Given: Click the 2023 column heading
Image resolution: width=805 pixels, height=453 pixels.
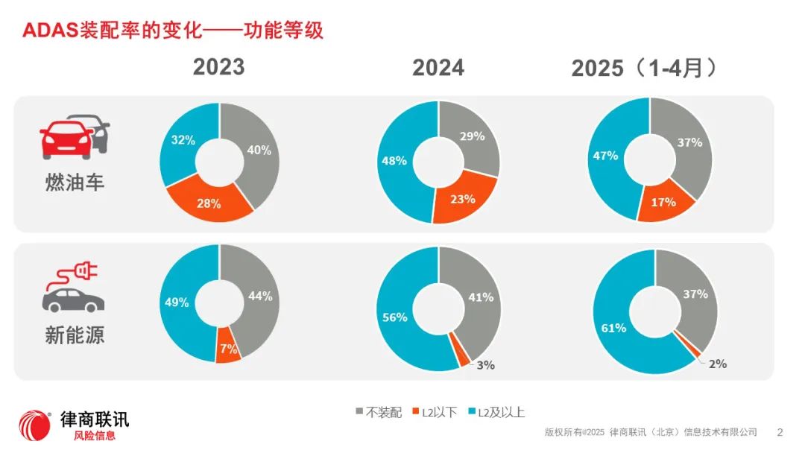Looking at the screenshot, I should pyautogui.click(x=218, y=67).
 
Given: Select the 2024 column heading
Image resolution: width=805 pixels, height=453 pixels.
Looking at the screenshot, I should pyautogui.click(x=438, y=68).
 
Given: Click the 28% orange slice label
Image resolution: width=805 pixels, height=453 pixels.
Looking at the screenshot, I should pyautogui.click(x=209, y=203).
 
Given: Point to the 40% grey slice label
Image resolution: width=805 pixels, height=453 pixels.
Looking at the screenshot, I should pyautogui.click(x=259, y=150).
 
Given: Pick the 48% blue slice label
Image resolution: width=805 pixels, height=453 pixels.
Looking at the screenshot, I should pyautogui.click(x=394, y=160).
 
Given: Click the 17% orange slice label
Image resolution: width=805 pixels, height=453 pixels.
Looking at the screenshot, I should pyautogui.click(x=663, y=202).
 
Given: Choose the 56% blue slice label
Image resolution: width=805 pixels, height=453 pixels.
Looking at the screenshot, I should pyautogui.click(x=394, y=317).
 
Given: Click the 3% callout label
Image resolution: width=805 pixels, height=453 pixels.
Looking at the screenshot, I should pyautogui.click(x=485, y=365).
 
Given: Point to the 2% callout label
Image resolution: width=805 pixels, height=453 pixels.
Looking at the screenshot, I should pyautogui.click(x=717, y=364).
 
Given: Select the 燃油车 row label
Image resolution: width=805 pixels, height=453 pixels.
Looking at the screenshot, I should pyautogui.click(x=75, y=181).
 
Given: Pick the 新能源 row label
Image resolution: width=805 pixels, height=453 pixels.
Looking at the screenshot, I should pyautogui.click(x=75, y=335).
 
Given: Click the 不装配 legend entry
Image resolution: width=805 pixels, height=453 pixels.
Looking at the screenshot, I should pyautogui.click(x=379, y=412).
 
